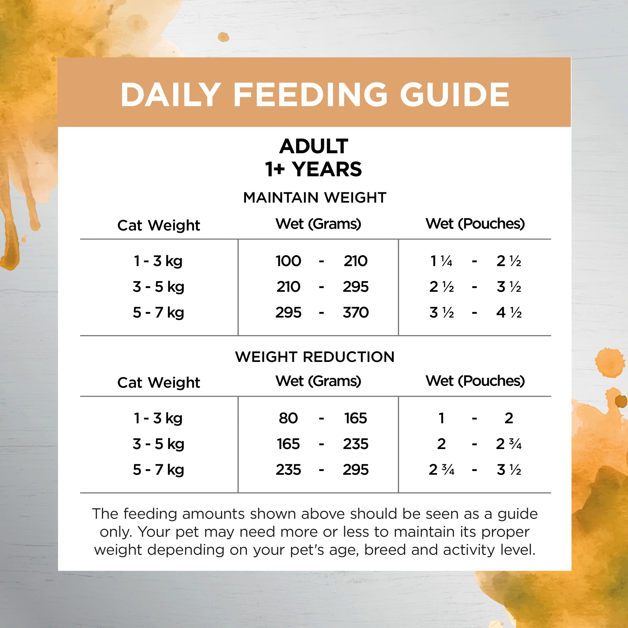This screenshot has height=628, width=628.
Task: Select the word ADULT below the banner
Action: click(x=314, y=146)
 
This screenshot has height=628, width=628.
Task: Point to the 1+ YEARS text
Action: click(x=314, y=169)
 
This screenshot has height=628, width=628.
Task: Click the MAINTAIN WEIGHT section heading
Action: click(x=315, y=198)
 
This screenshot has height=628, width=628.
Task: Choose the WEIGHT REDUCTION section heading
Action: click(x=315, y=357)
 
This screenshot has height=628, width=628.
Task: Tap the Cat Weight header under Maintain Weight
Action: click(x=159, y=225)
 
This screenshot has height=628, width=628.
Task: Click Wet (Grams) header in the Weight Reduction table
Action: click(x=318, y=381)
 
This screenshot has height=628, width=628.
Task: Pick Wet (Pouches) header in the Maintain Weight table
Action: click(x=475, y=224)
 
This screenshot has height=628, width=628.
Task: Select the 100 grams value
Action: click(x=288, y=261)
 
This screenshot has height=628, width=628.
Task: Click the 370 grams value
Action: click(x=356, y=313)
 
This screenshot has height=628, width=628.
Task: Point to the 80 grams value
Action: click(x=288, y=418)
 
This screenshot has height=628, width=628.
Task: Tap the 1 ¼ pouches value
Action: click(x=441, y=261)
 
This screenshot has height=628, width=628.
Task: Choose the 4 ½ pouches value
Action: click(x=509, y=313)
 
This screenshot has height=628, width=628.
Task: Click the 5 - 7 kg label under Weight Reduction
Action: click(x=158, y=470)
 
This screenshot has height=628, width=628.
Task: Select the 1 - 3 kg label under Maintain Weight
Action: click(x=158, y=261)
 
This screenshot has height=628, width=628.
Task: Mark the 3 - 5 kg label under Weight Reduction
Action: click(x=158, y=444)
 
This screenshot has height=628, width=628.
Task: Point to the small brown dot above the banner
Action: click(x=223, y=37)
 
